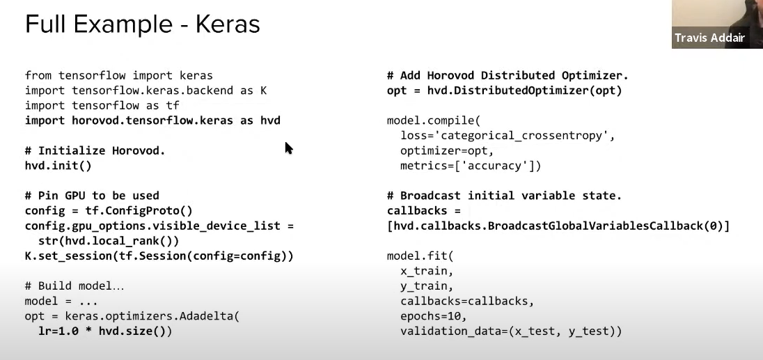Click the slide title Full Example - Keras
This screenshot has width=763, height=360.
pos(142,24)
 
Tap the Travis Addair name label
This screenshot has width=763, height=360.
pos(709,38)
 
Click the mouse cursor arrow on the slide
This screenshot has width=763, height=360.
pos(288,148)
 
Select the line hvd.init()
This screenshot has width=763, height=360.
pos(58,166)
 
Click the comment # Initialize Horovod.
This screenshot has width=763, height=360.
pos(95,150)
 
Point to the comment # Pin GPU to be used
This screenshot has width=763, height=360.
pos(92,196)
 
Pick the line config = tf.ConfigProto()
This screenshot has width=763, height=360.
pos(109,211)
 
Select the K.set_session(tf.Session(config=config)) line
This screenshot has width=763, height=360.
pos(159,256)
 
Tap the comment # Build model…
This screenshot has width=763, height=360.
pos(75,286)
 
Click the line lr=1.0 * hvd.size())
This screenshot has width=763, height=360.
pos(105,331)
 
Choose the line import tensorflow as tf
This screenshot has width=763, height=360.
pos(102,106)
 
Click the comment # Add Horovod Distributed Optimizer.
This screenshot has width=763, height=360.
pos(508,75)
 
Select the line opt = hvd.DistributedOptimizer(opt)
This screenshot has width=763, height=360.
pos(504,91)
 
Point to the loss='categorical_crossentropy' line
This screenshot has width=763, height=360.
pos(508,136)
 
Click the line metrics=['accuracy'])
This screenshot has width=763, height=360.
pos(471,166)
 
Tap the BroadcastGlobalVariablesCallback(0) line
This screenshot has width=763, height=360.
pos(558,226)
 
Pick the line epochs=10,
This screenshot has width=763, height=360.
pos(433,316)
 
